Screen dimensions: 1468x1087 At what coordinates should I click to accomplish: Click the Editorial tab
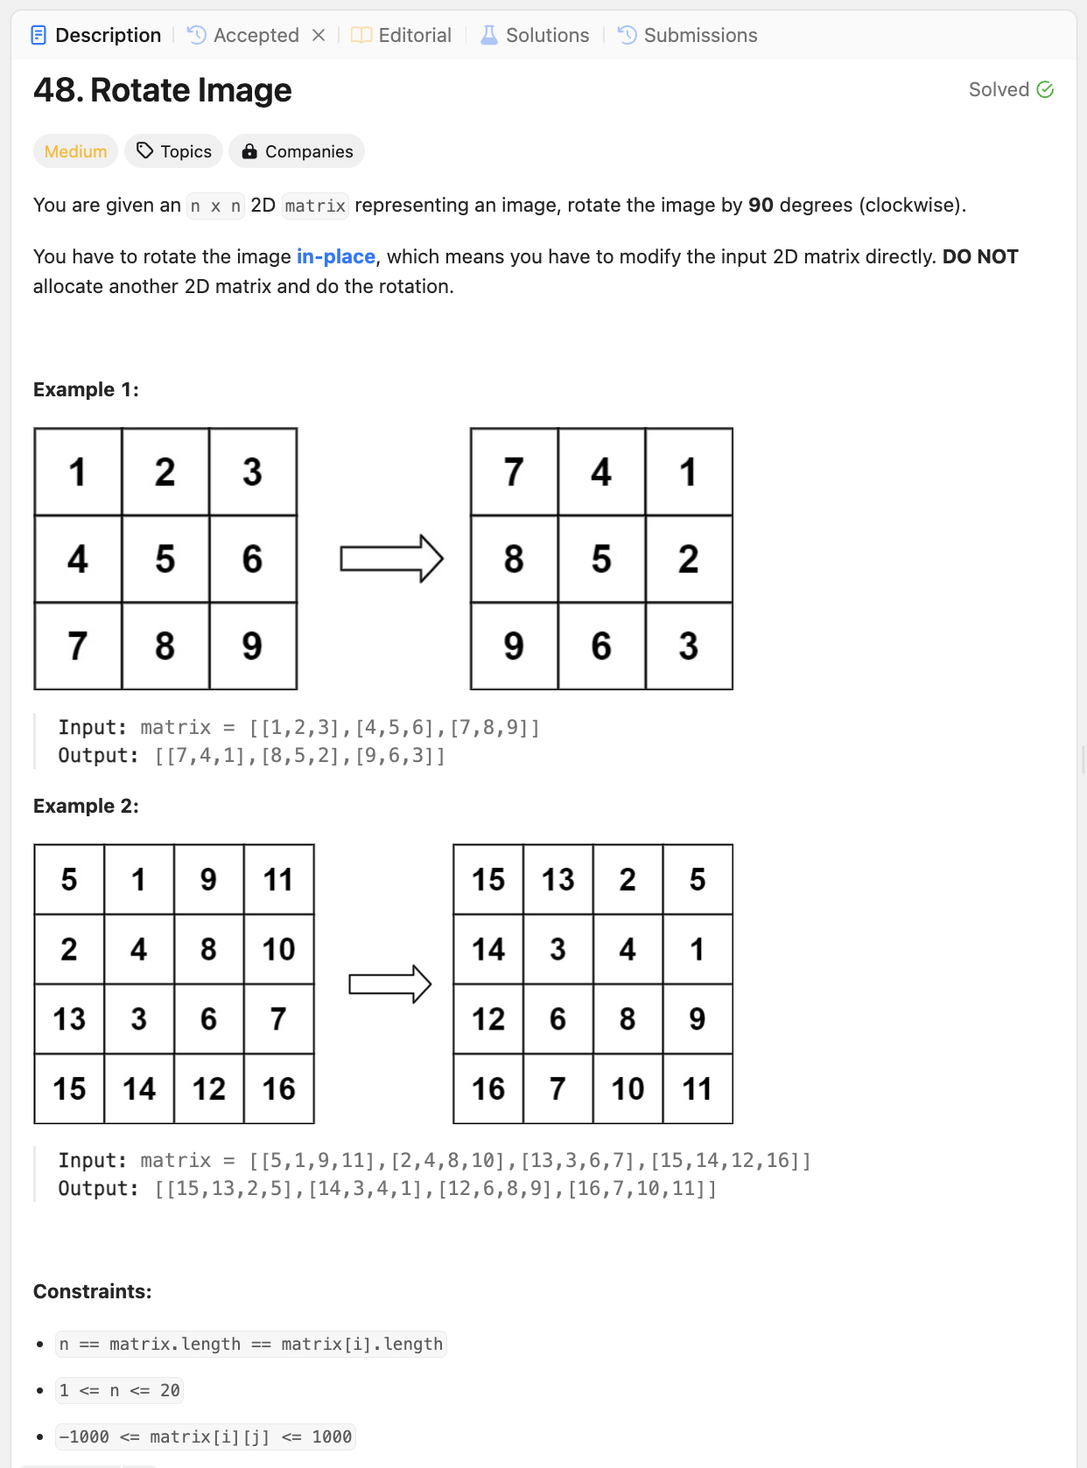coord(403,35)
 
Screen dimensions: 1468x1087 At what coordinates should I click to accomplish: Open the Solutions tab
coord(536,35)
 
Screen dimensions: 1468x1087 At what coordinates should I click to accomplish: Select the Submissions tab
coord(688,35)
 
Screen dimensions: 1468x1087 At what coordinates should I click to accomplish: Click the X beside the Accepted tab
coord(319,35)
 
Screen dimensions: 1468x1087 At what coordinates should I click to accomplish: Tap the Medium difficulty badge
coord(75,151)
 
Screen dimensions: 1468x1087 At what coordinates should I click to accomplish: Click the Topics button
coord(174,151)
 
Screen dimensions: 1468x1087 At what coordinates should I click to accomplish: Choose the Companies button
coord(297,151)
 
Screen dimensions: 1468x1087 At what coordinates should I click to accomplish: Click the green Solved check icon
coord(1045,89)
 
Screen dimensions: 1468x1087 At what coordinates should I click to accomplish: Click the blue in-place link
coord(336,256)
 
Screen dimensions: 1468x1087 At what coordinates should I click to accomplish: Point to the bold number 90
coord(761,205)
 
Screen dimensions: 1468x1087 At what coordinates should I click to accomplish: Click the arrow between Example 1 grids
coord(391,558)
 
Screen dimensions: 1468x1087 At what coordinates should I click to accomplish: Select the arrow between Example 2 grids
coord(389,984)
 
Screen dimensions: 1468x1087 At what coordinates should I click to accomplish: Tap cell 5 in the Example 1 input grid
coord(165,559)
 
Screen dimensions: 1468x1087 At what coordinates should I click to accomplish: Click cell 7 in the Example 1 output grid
coord(514,472)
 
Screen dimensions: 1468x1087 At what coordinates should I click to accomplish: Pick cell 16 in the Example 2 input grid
coord(278,1088)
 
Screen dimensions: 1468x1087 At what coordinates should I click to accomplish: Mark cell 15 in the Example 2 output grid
coord(488,879)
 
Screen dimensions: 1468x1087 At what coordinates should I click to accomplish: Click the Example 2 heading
coord(86,806)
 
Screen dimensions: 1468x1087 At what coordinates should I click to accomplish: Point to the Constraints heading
coord(92,1291)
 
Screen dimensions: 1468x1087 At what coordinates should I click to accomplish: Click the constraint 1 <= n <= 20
coord(119,1390)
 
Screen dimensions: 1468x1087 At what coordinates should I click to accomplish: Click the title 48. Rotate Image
coord(163,90)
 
